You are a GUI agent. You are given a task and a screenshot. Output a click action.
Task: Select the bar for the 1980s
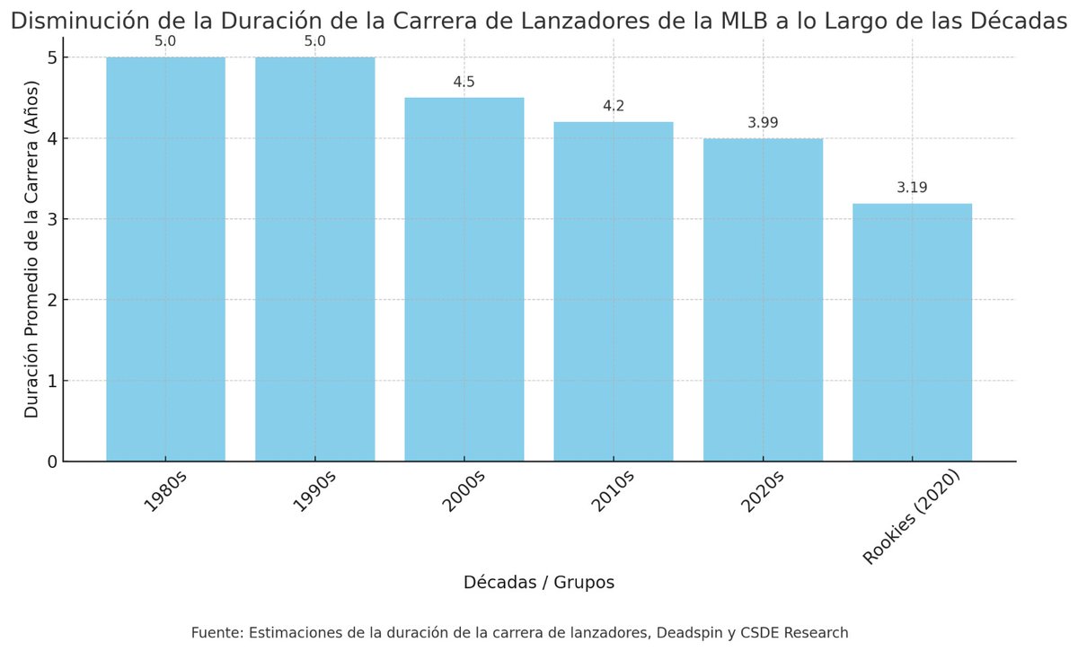click(165, 260)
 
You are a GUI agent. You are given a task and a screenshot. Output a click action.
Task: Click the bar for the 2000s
click(464, 279)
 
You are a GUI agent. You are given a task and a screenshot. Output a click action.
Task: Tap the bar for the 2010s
click(613, 292)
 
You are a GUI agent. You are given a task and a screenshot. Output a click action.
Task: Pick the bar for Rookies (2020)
click(912, 332)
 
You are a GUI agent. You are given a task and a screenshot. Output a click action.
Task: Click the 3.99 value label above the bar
click(762, 122)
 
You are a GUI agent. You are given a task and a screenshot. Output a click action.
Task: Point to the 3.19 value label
click(912, 188)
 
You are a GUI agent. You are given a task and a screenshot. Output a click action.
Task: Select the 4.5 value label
click(464, 82)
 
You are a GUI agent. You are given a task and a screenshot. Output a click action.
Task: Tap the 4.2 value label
click(614, 106)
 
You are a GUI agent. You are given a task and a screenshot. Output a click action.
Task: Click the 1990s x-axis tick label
click(314, 490)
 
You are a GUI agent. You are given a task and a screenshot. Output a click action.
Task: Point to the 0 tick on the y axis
click(51, 462)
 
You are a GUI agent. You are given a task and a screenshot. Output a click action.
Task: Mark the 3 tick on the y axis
click(51, 219)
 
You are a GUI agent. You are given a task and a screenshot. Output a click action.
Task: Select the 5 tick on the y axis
click(51, 57)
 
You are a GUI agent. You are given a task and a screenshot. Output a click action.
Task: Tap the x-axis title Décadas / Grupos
click(539, 583)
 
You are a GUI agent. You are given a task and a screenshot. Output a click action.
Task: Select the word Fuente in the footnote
click(216, 633)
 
